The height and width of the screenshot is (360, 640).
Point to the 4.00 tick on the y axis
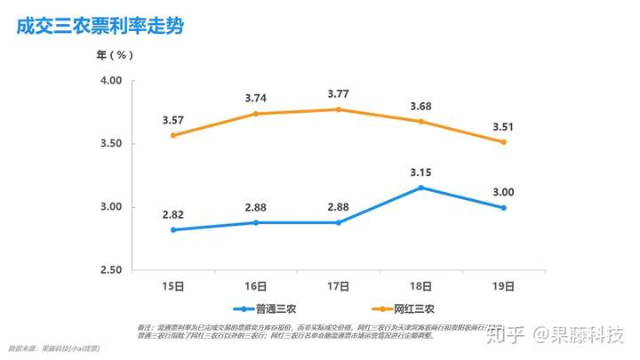point(111,81)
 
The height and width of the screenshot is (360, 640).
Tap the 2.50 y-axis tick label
point(111,270)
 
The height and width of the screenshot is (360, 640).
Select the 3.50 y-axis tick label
point(111,144)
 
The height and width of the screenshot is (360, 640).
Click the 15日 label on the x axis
point(172,286)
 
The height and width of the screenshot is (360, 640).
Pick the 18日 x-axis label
point(421,286)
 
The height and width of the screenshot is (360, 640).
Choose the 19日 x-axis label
point(504,286)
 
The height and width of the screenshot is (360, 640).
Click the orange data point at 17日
point(338,109)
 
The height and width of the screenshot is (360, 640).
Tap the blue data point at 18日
point(421,188)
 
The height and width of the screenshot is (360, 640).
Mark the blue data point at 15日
point(172,229)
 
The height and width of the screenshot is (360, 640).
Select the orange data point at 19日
point(504,142)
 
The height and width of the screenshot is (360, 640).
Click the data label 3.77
point(338,93)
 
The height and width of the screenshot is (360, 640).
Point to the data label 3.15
point(421,172)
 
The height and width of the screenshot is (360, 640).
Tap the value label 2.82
point(172,214)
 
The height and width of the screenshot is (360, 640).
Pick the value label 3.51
point(504,126)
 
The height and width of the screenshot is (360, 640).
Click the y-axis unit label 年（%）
point(116,55)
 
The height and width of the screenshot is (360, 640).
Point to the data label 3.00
point(504,192)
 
